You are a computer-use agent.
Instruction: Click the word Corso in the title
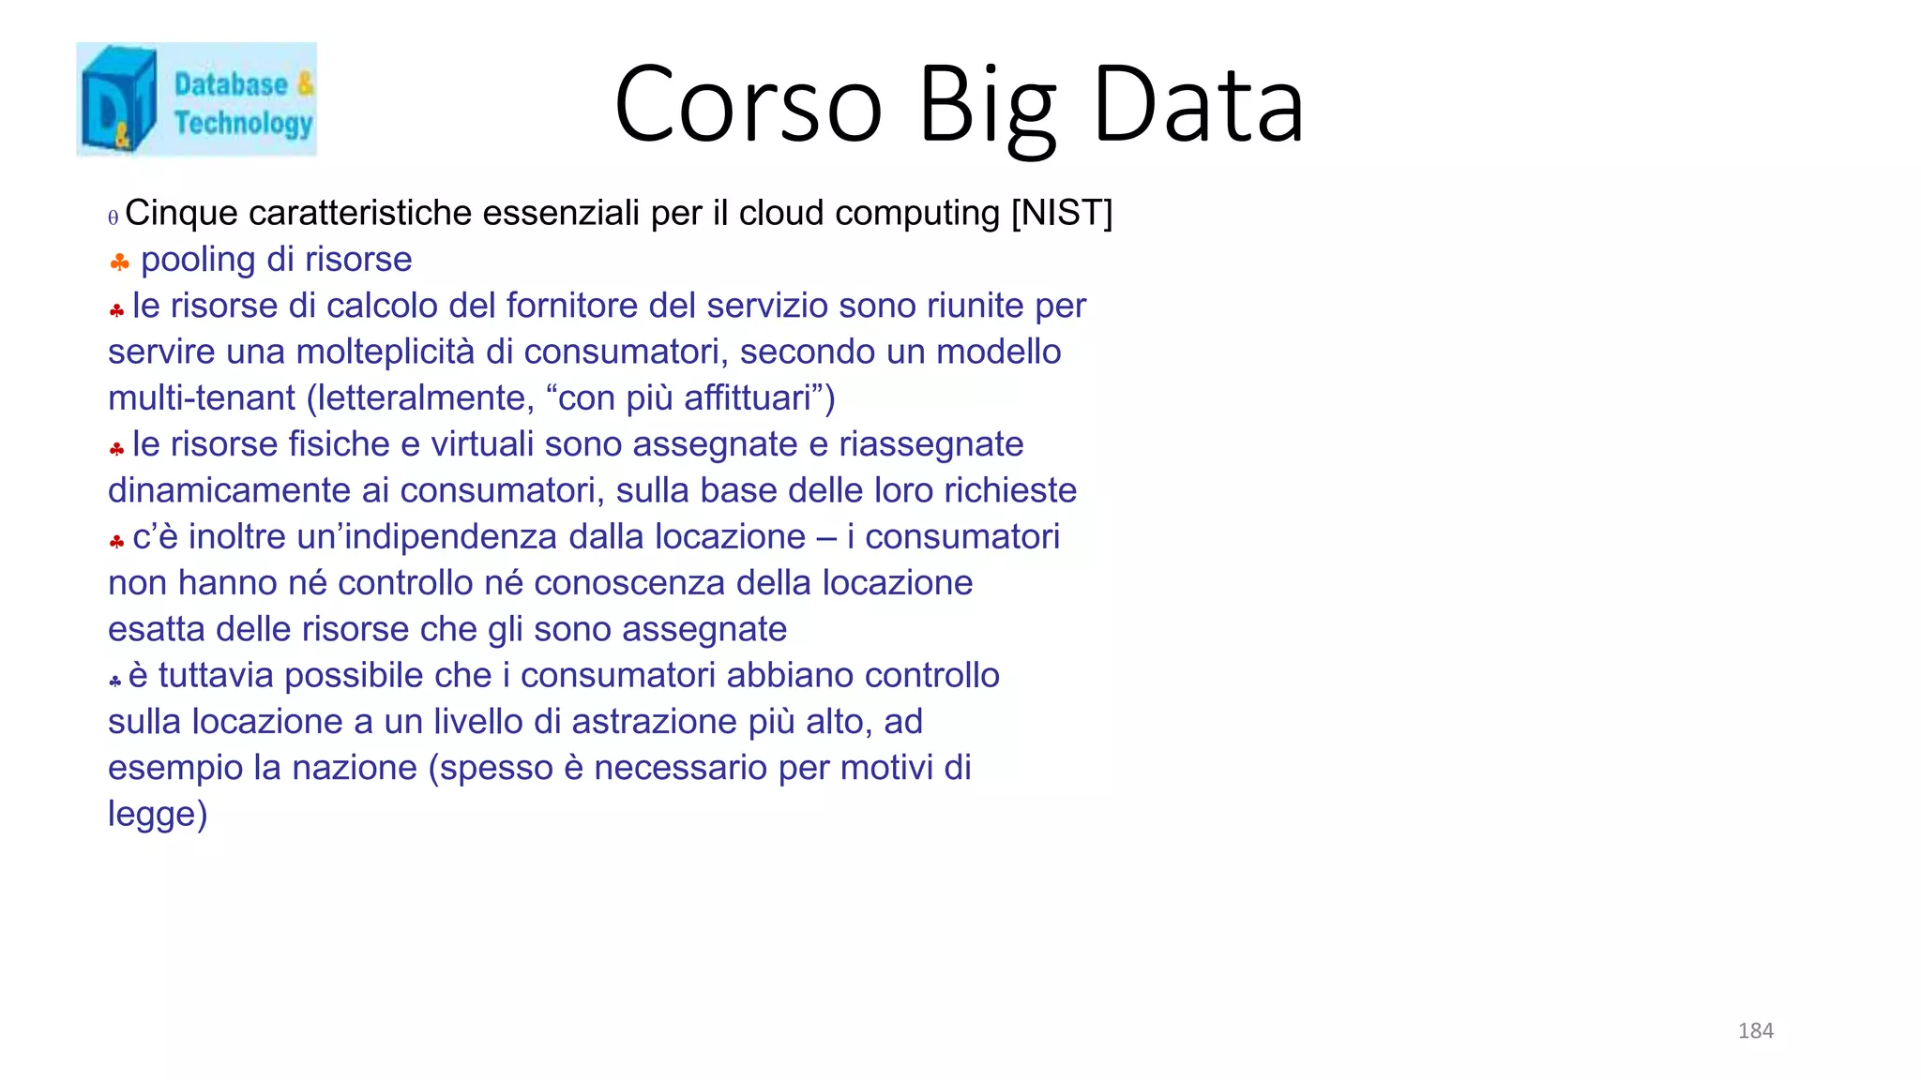point(748,104)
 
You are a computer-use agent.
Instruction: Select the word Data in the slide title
point(1198,104)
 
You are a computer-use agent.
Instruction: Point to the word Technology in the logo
point(243,123)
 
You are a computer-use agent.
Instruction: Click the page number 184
point(1755,1031)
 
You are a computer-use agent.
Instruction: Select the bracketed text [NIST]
point(1061,214)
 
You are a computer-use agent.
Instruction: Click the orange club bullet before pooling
point(119,262)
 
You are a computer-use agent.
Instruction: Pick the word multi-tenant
point(202,398)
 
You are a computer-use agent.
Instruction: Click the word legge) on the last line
point(158,815)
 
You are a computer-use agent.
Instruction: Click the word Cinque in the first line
point(181,214)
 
